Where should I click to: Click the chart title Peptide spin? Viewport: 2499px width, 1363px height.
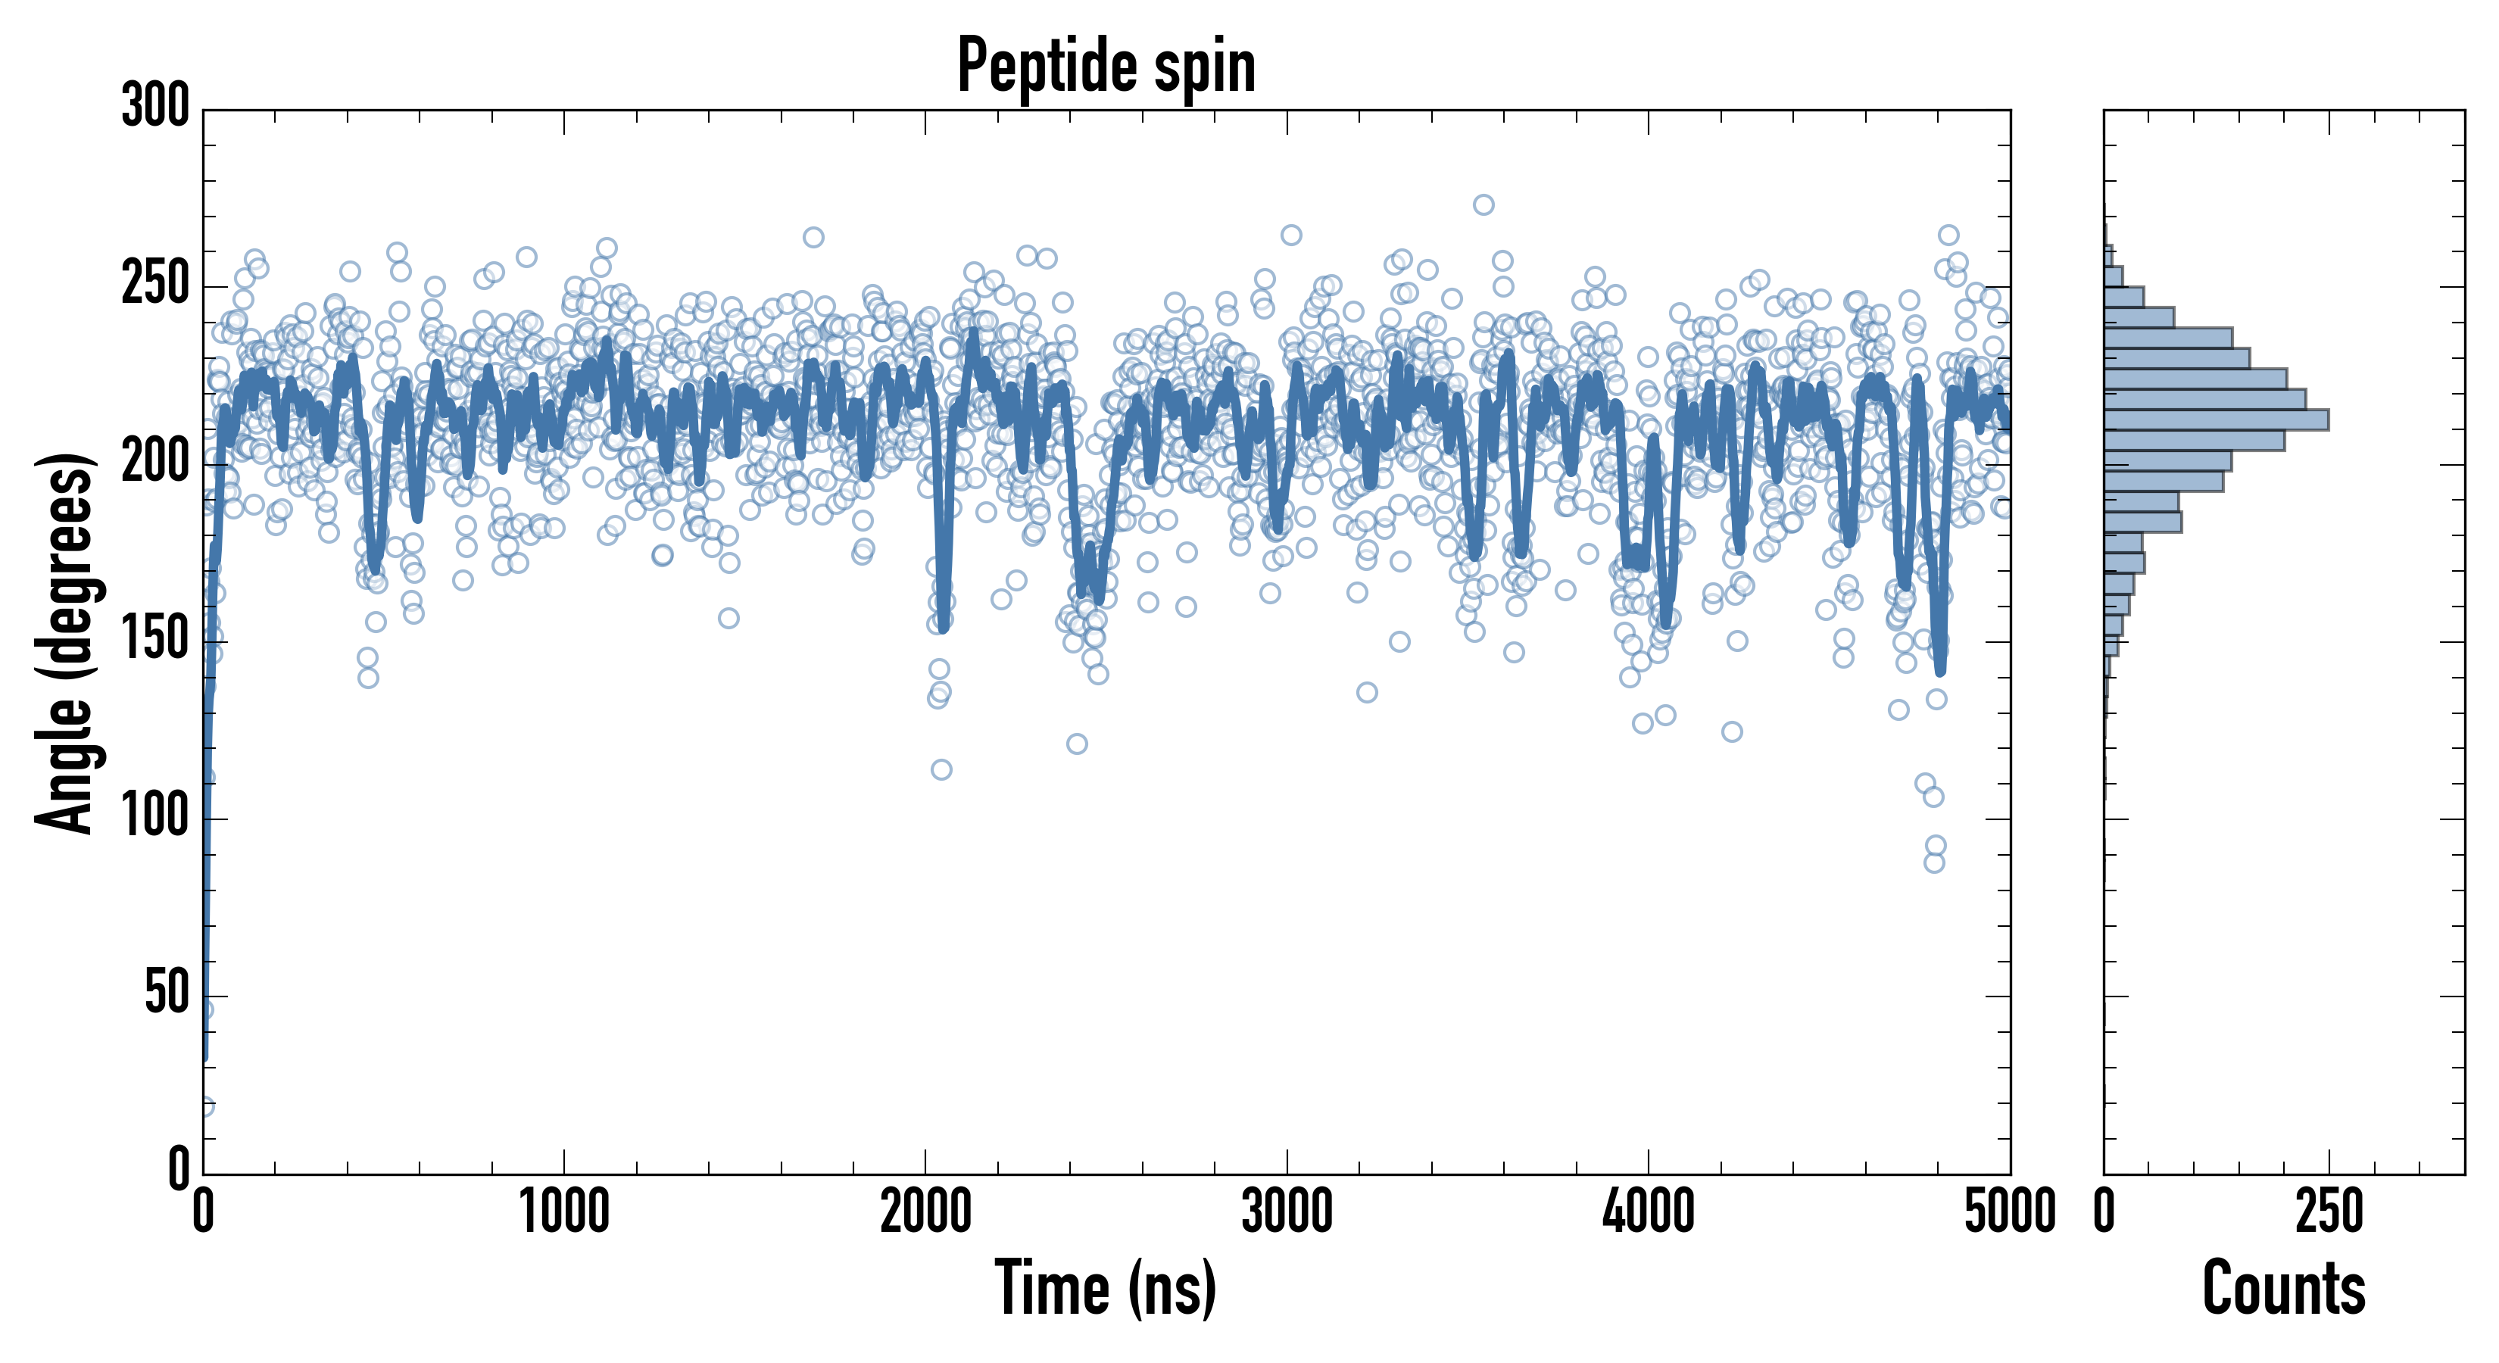tap(1106, 66)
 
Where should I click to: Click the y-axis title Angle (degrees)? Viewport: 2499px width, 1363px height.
tap(65, 642)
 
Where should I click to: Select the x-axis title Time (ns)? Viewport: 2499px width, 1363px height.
tap(1106, 1288)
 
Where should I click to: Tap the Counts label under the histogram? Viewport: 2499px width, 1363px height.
tap(2284, 1288)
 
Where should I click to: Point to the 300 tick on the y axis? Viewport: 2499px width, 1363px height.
tap(155, 106)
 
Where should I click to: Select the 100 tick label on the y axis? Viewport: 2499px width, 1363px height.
tap(155, 817)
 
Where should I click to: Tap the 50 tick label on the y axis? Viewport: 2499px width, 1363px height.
tap(167, 994)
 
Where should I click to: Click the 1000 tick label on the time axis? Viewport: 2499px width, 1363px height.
tap(565, 1212)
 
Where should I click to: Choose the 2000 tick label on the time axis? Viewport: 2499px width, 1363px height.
tap(925, 1212)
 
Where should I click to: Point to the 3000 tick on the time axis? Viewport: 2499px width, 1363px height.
tap(1287, 1212)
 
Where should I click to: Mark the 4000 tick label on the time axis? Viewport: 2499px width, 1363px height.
tap(1649, 1212)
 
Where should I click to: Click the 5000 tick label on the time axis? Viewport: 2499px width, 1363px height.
tap(2010, 1212)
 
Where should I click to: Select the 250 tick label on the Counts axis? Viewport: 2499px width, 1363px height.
tap(2329, 1212)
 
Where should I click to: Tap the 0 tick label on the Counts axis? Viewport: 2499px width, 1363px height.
tap(2104, 1212)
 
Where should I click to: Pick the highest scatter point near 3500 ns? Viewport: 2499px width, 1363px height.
tap(1483, 204)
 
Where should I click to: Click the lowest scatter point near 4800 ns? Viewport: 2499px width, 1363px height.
tap(1934, 862)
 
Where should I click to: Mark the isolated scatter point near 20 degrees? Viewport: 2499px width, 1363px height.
tap(204, 1106)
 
